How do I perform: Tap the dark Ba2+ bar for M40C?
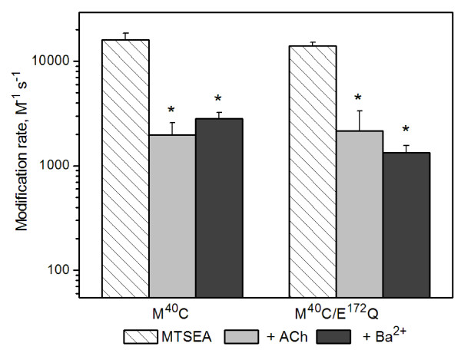pyautogui.click(x=219, y=207)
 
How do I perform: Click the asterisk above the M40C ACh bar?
pyautogui.click(x=172, y=108)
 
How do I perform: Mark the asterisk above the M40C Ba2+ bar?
pyautogui.click(x=219, y=98)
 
